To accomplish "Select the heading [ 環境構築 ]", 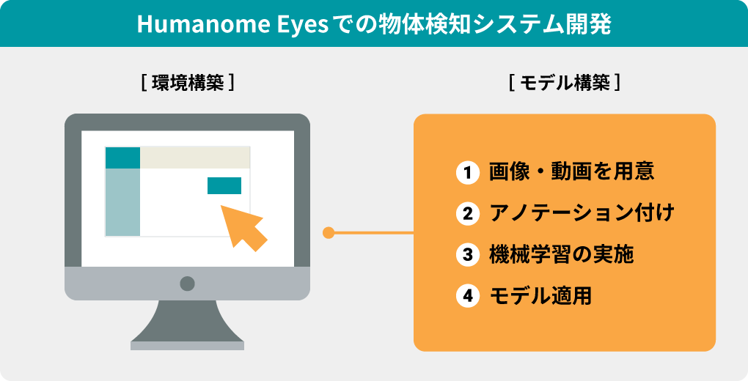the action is [188, 84].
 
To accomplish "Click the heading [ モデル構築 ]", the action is [565, 84].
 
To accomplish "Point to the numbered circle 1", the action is [468, 173].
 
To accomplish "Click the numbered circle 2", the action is [468, 214].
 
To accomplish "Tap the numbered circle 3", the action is [468, 255].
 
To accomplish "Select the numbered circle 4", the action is [468, 296].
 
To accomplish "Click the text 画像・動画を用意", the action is [571, 172].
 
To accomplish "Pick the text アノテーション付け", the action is [582, 213].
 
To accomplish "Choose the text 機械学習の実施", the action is [562, 255].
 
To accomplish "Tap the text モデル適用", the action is [540, 296].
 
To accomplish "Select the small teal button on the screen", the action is [224, 185].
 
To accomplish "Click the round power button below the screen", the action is [187, 284].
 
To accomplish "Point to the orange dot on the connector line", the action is [329, 233].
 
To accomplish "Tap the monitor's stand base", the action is [187, 345].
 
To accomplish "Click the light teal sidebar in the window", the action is [122, 202].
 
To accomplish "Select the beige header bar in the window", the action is [195, 158].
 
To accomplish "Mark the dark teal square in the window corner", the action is [122, 158].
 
